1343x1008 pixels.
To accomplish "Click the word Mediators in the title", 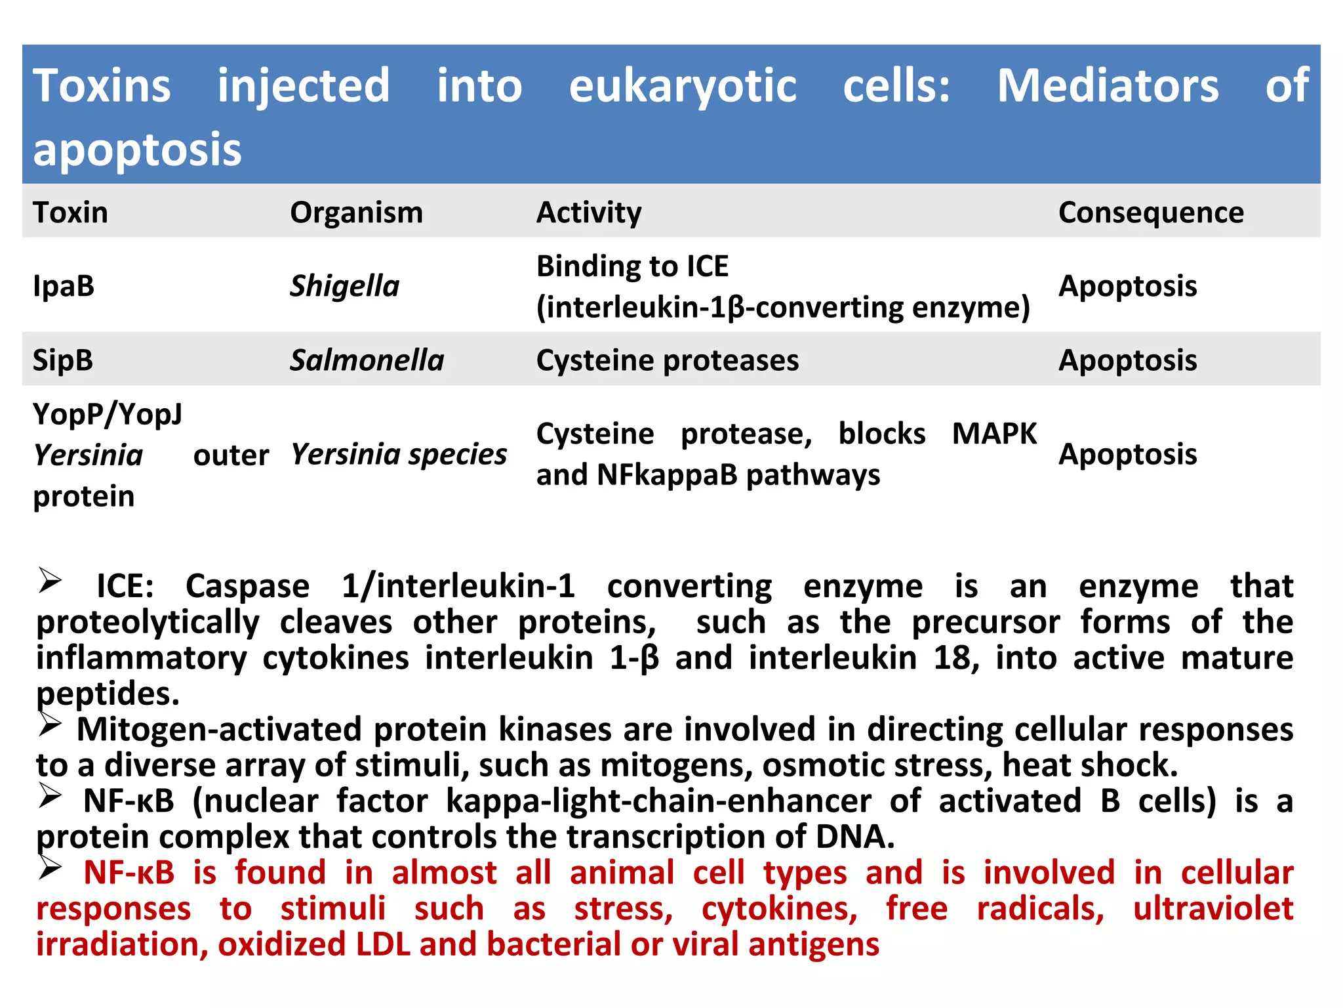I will pos(1108,86).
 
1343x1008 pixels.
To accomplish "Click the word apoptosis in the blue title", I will pos(137,150).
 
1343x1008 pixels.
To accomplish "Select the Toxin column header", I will pos(70,213).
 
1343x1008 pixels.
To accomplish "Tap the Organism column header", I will pos(356,213).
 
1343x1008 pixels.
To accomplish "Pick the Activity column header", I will pos(588,213).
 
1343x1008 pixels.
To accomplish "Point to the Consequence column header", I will pos(1150,213).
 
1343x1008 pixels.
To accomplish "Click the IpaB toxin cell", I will pos(64,286).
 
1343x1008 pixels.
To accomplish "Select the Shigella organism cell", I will pos(344,286).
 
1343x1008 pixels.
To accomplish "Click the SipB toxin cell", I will pos(63,360).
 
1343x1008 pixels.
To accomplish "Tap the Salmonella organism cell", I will pos(367,360).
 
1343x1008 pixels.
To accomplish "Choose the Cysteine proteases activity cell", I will pos(667,360).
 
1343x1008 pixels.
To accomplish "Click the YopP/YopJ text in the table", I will pos(108,415).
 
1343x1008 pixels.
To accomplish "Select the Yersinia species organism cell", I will pos(398,454).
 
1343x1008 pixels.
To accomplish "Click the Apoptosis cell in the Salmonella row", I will pos(1127,360).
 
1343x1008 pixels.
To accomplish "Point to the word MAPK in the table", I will pos(993,434).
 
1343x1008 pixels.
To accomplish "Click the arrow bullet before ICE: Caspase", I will pos(50,581).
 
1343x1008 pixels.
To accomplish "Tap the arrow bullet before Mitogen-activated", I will pos(50,724).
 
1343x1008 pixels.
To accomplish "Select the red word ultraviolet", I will pos(1213,909).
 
